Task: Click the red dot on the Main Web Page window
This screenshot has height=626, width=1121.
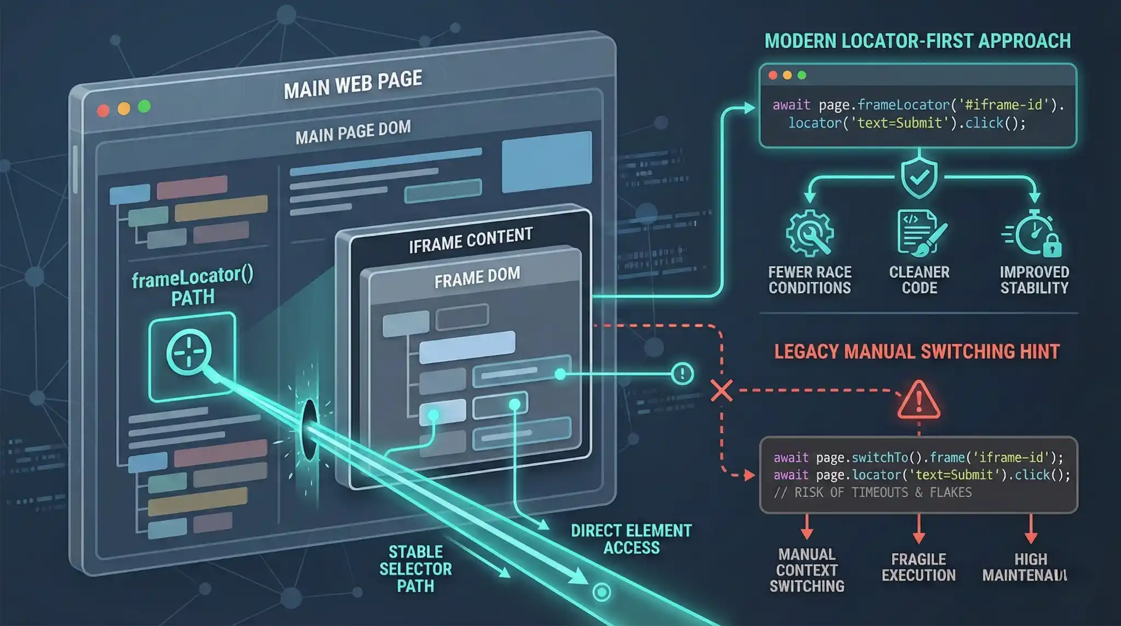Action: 103,111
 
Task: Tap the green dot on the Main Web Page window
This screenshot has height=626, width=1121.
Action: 145,106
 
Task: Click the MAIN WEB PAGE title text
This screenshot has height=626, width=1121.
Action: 353,84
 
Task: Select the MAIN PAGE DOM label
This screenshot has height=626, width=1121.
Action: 353,132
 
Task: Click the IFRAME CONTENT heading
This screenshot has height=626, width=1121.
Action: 471,240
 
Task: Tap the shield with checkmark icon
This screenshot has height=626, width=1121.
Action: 919,177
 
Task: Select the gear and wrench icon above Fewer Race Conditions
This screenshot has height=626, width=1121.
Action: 810,233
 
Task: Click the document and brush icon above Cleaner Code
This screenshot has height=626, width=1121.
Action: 921,233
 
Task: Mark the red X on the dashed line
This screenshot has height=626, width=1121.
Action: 721,391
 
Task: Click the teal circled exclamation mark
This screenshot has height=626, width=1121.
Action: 682,374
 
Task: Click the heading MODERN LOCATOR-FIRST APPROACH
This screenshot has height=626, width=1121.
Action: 917,41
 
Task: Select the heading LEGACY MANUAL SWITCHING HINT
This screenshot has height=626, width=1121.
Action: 917,351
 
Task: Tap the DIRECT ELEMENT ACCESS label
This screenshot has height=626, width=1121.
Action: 631,539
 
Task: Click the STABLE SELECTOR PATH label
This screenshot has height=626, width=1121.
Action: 415,568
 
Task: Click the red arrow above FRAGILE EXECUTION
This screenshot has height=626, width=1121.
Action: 919,530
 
